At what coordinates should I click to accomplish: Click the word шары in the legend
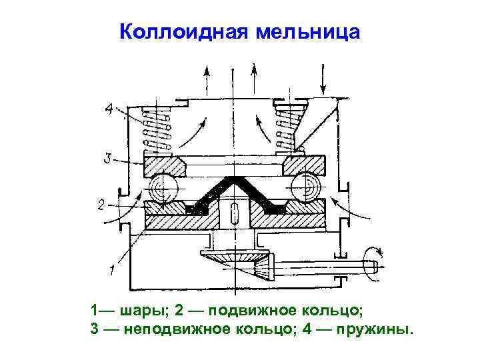[x=144, y=311]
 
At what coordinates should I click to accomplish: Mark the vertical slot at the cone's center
[x=233, y=215]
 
